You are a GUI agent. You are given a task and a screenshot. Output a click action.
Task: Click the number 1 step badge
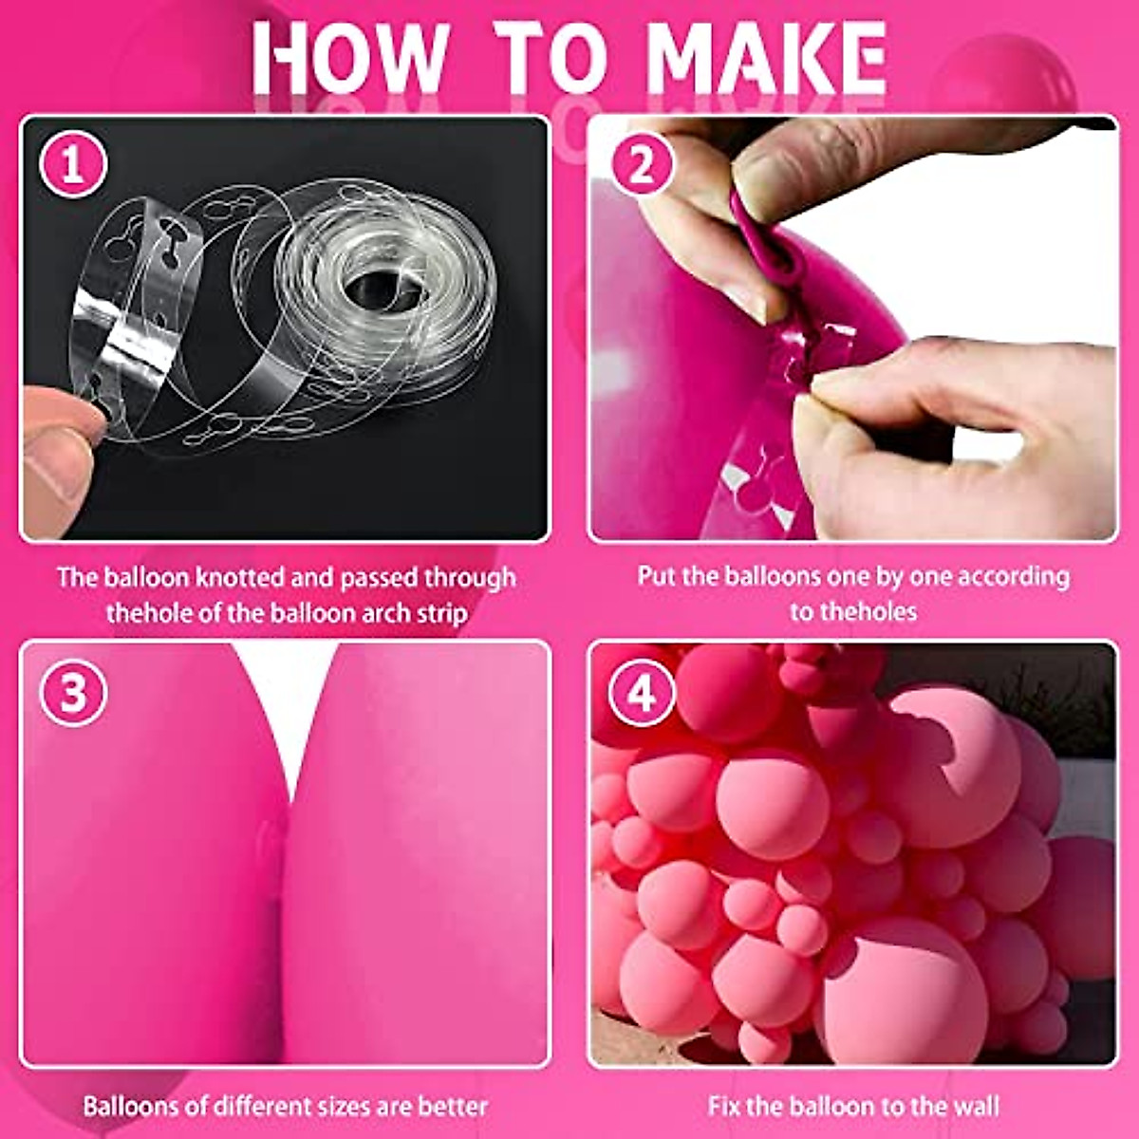(x=73, y=166)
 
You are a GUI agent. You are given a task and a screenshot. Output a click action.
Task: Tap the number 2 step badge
(x=642, y=166)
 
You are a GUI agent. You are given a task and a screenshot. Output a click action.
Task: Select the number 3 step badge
(x=73, y=694)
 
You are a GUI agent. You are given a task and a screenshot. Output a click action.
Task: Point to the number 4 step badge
(x=642, y=694)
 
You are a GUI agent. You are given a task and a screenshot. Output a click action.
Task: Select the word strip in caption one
(x=440, y=613)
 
